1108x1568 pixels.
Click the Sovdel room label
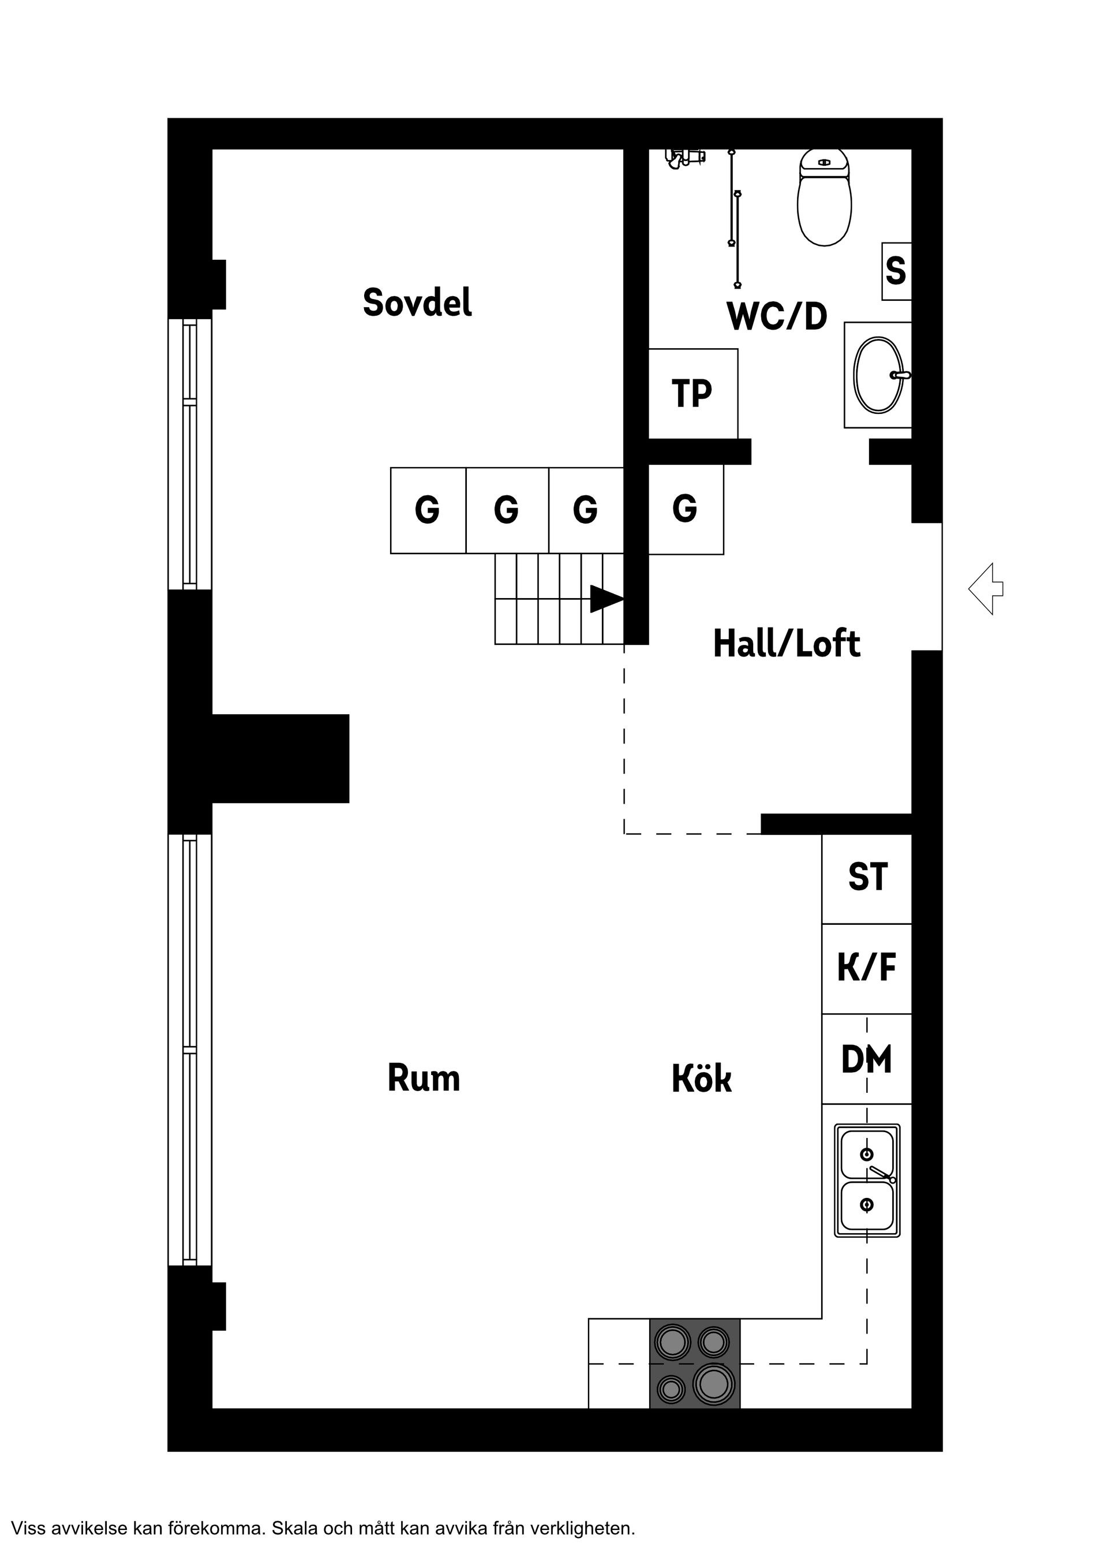[x=417, y=303]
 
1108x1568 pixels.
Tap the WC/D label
[x=777, y=317]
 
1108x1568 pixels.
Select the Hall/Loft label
[x=787, y=644]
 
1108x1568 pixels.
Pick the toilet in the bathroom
[x=824, y=198]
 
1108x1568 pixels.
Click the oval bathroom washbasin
[x=879, y=375]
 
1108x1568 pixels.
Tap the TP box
[x=692, y=394]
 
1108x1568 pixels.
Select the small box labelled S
[x=896, y=271]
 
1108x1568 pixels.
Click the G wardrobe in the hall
[x=685, y=509]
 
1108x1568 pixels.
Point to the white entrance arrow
[x=986, y=589]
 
